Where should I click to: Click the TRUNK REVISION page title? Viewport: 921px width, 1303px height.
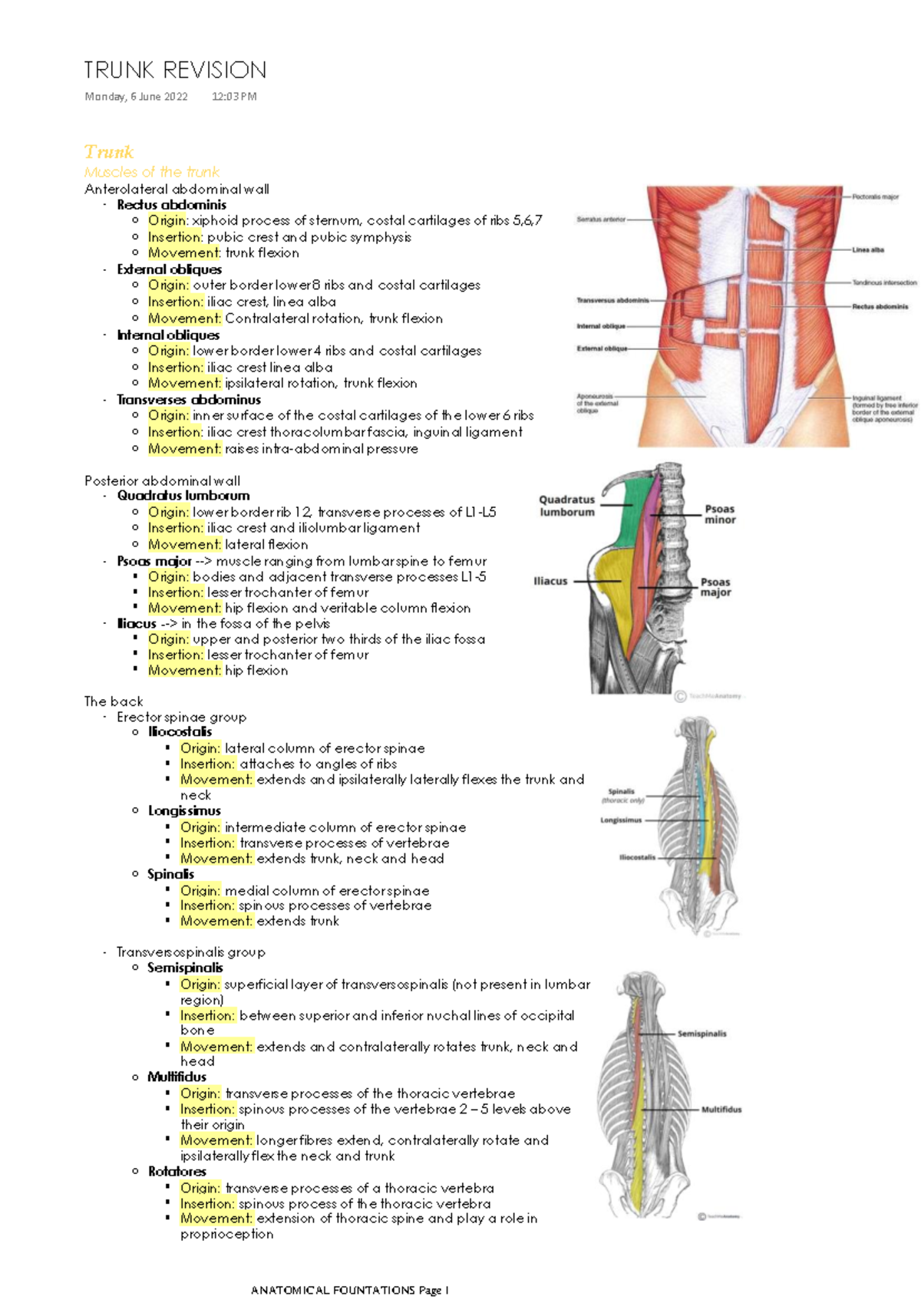pyautogui.click(x=175, y=71)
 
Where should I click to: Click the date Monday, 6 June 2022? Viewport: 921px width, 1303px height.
pyautogui.click(x=136, y=97)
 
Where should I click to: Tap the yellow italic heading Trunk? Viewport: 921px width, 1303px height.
pyautogui.click(x=109, y=152)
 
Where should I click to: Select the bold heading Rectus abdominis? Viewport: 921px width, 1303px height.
pyautogui.click(x=171, y=205)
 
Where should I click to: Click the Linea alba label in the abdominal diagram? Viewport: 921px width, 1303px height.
pyautogui.click(x=867, y=249)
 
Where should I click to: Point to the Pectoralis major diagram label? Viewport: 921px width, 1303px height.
pyautogui.click(x=875, y=196)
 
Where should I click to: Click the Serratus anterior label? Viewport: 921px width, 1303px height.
pyautogui.click(x=600, y=219)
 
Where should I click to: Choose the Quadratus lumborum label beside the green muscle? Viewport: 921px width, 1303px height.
pyautogui.click(x=566, y=506)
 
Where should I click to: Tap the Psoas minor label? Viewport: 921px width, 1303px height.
pyautogui.click(x=720, y=514)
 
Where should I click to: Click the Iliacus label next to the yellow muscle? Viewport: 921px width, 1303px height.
pyautogui.click(x=550, y=581)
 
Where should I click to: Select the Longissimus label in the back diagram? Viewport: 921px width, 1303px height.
pyautogui.click(x=620, y=820)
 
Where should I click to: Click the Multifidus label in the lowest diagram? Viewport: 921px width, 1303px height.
pyautogui.click(x=721, y=1110)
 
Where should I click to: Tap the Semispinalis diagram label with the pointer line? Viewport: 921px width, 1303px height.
pyautogui.click(x=701, y=1034)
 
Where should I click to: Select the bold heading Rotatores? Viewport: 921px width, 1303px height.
pyautogui.click(x=177, y=1172)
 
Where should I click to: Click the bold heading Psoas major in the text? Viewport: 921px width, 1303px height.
pyautogui.click(x=153, y=562)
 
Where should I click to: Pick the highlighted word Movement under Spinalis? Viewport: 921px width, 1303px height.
pyautogui.click(x=215, y=922)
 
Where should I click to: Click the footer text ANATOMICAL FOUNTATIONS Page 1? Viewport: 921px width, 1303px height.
pyautogui.click(x=349, y=1290)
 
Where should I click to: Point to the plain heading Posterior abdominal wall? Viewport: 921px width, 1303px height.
pyautogui.click(x=162, y=481)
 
